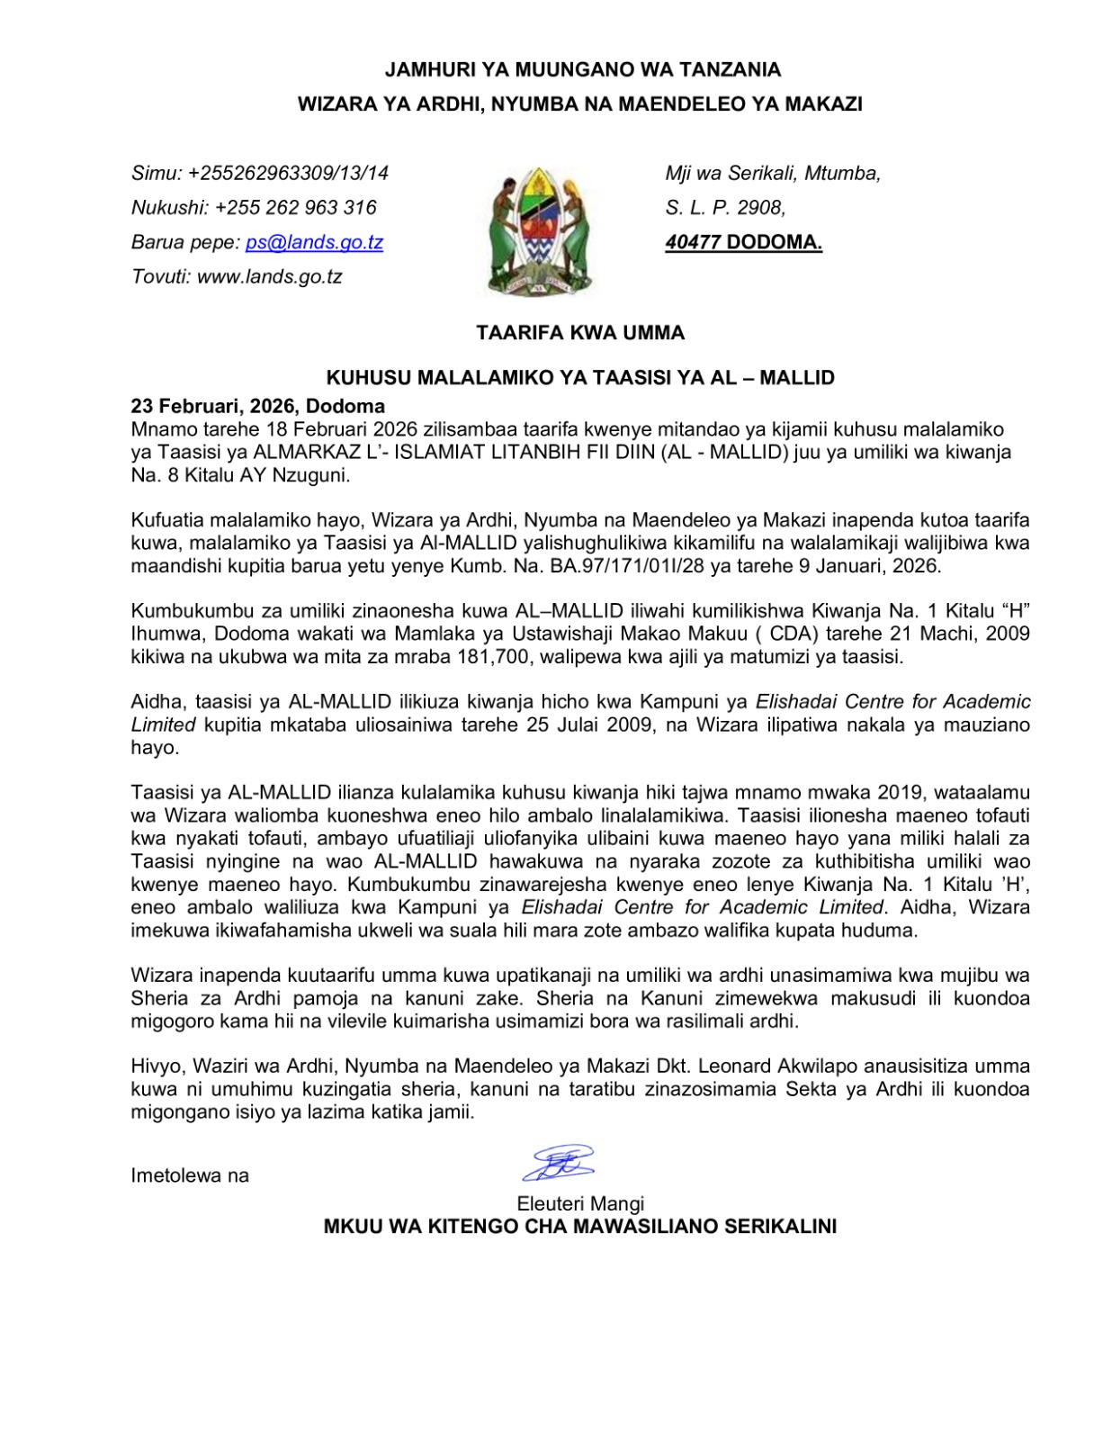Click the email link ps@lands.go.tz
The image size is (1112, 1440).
(314, 242)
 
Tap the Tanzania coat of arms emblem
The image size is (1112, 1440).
(537, 230)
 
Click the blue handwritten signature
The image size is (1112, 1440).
(559, 1163)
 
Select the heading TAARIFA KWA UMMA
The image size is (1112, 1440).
(580, 333)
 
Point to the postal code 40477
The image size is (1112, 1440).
(693, 242)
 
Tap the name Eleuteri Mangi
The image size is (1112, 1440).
(580, 1204)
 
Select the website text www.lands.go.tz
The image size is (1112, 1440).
(269, 276)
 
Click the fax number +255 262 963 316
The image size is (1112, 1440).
(296, 208)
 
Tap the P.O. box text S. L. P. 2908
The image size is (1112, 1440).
(725, 208)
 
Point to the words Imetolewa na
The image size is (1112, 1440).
(190, 1175)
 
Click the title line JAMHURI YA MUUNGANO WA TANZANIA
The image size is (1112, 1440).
(582, 69)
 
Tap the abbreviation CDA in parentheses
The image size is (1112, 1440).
(791, 633)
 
